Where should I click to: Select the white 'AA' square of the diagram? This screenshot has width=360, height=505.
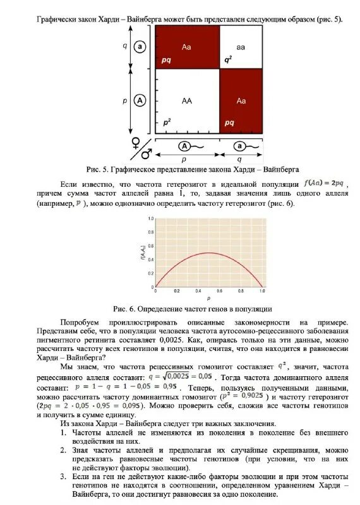187,101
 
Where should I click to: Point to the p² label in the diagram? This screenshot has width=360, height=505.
167,122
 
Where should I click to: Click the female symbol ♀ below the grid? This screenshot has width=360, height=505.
135,142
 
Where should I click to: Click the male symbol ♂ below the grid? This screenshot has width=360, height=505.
147,154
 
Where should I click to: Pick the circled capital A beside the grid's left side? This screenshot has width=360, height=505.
140,100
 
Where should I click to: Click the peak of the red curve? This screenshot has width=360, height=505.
208,252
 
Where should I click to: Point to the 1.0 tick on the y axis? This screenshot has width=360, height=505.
150,218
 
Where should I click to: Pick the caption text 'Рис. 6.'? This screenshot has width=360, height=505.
124,309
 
